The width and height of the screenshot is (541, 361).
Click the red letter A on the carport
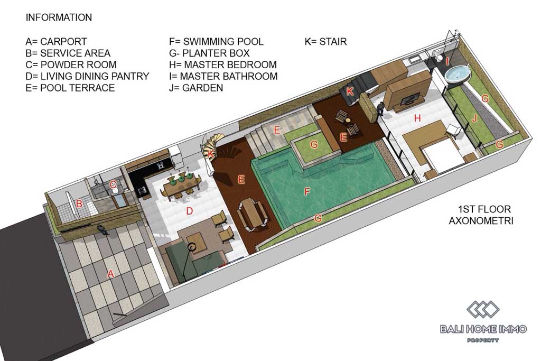click(110, 274)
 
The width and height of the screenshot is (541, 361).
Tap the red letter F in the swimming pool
click(307, 191)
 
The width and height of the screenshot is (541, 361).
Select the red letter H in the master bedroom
click(417, 118)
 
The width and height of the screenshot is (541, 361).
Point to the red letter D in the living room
click(189, 211)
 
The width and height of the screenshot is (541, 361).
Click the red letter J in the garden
click(474, 119)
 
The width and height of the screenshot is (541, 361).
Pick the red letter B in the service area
click(79, 203)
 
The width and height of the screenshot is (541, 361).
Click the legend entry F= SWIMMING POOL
click(216, 42)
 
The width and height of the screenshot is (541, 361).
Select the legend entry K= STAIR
click(325, 42)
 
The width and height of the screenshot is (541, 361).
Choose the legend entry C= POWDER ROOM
click(71, 65)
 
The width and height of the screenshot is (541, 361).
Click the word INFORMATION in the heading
click(59, 17)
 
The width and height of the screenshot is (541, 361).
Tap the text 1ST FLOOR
click(484, 209)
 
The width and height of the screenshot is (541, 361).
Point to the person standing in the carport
click(103, 229)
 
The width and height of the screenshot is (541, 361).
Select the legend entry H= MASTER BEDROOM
click(223, 65)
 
